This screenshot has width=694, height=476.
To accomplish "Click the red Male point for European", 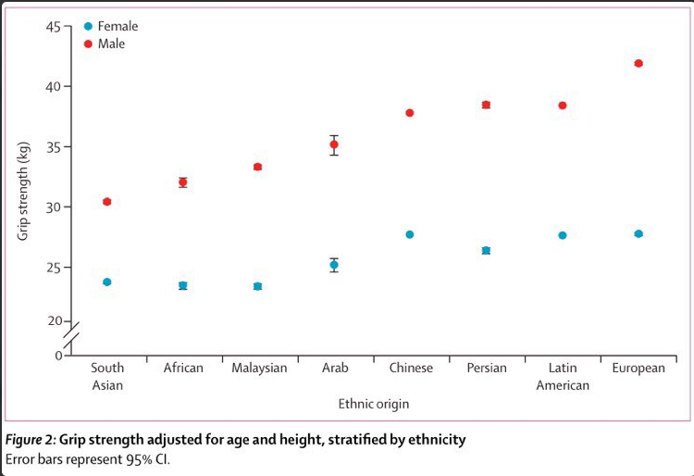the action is (x=638, y=63).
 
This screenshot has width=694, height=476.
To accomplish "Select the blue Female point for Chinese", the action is (x=409, y=234).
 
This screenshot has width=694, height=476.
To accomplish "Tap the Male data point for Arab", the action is (x=334, y=144).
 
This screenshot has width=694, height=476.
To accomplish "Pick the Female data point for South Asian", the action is (x=106, y=282).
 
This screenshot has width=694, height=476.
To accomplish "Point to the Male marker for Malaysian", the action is (x=257, y=167).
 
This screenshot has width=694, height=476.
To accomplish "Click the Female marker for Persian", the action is (x=486, y=251).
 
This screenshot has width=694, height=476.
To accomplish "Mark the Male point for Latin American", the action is (x=562, y=106).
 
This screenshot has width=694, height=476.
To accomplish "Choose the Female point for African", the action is (x=183, y=285).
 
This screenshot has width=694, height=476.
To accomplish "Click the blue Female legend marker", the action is (x=88, y=27).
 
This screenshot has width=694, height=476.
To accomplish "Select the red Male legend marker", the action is (x=88, y=44).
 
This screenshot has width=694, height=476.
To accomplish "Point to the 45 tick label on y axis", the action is (x=53, y=27).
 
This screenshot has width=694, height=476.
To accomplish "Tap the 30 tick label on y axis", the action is (x=53, y=207).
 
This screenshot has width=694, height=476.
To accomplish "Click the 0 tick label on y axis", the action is (x=59, y=356).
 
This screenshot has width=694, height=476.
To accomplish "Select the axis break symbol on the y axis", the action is (x=71, y=335).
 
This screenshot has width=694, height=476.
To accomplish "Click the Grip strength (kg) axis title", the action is (x=22, y=191).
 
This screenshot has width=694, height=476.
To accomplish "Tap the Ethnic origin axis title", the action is (x=374, y=404).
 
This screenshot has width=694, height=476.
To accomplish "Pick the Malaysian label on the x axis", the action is (x=259, y=368).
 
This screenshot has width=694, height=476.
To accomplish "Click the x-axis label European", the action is (x=638, y=368).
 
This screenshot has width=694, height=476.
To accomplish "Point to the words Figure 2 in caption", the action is (x=30, y=440).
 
